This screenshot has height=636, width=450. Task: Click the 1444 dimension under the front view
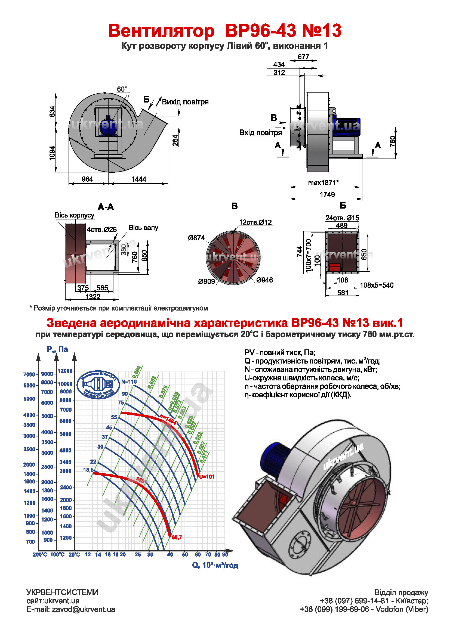tap(138, 179)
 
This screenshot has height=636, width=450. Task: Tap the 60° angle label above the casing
tap(122, 89)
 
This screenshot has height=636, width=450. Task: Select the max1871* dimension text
tap(323, 183)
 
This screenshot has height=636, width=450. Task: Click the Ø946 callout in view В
tap(265, 280)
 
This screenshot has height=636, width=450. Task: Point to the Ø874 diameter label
tap(196, 238)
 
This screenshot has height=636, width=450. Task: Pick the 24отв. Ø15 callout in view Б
tap(342, 218)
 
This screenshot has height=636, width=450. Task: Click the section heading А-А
tap(106, 207)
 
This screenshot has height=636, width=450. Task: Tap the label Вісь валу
tap(144, 228)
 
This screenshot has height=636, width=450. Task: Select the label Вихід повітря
tap(185, 102)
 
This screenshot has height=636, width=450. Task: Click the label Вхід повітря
tap(260, 133)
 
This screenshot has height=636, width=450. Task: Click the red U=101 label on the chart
tap(207, 477)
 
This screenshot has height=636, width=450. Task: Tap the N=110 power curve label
tap(129, 381)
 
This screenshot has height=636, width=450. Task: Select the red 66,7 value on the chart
tap(177, 537)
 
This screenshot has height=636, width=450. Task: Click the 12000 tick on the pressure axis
tap(65, 371)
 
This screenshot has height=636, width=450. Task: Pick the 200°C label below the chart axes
tap(40, 554)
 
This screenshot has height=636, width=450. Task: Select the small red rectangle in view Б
tap(335, 267)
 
